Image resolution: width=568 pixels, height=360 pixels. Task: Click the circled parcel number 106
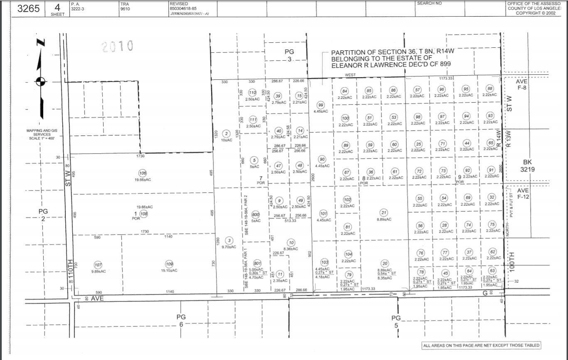(x=143, y=173)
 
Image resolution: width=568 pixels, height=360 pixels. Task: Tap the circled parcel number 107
(x=98, y=265)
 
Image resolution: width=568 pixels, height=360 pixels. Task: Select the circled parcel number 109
(x=169, y=264)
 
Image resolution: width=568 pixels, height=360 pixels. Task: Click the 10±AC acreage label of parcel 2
(x=226, y=140)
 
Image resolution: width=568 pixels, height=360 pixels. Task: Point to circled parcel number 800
(x=256, y=215)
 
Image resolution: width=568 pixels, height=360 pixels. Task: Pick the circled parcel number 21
(x=384, y=213)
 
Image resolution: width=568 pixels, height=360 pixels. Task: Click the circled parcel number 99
(x=320, y=105)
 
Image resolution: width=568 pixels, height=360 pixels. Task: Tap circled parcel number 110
(x=252, y=93)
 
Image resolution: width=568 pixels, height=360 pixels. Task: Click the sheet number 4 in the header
(x=57, y=7)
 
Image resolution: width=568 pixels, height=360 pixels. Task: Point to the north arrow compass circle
(x=40, y=81)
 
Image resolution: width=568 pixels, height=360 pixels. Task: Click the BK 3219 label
(x=528, y=166)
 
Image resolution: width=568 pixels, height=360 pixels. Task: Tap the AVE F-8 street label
(x=522, y=85)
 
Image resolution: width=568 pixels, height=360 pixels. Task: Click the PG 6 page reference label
(x=181, y=320)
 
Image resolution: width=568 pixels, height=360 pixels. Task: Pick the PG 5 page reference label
(x=396, y=321)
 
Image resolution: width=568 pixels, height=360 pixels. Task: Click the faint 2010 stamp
(x=117, y=46)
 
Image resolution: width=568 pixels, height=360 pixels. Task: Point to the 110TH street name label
(x=71, y=269)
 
